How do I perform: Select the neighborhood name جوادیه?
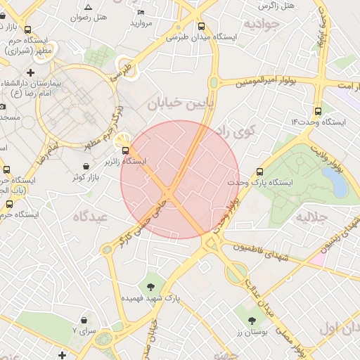tap(262, 25)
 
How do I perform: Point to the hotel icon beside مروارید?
tap(141, 12)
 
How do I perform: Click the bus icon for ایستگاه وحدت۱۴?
tap(318, 110)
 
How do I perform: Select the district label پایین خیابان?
tap(175, 104)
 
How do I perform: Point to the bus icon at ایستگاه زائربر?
tap(125, 150)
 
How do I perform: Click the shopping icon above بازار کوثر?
tap(86, 167)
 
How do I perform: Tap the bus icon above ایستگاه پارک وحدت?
tap(261, 171)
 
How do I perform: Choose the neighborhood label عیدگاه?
tap(89, 217)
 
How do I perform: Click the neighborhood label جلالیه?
tap(313, 217)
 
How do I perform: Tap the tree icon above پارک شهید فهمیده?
tap(150, 286)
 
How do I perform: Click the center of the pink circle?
tap(180, 180)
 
